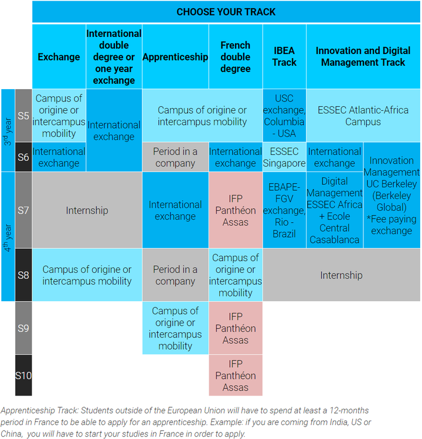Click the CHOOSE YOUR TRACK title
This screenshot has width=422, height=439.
pyautogui.click(x=226, y=12)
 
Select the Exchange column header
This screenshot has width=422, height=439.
pyautogui.click(x=59, y=57)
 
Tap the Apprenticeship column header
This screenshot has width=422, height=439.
pyautogui.click(x=175, y=57)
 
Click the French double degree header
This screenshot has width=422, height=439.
pyautogui.click(x=236, y=57)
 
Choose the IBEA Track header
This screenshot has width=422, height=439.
pyautogui.click(x=284, y=57)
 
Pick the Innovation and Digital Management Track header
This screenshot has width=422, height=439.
pyautogui.click(x=363, y=57)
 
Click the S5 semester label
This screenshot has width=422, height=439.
pyautogui.click(x=23, y=116)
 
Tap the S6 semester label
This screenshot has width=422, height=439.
pyautogui.click(x=23, y=157)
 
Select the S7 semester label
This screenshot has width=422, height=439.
pyautogui.click(x=23, y=210)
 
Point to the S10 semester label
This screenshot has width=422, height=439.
pyautogui.click(x=23, y=375)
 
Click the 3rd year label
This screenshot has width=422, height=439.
pyautogui.click(x=8, y=130)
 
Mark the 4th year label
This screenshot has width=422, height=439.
pyautogui.click(x=8, y=237)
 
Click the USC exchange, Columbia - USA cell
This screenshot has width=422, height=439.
pyautogui.click(x=284, y=116)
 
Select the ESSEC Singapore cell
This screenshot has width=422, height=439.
pyautogui.click(x=284, y=157)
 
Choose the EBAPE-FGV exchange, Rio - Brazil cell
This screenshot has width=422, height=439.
pyautogui.click(x=284, y=210)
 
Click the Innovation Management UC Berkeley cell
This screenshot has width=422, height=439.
pyautogui.click(x=392, y=195)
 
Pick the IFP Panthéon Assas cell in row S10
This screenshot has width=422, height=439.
pyautogui.click(x=236, y=375)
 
